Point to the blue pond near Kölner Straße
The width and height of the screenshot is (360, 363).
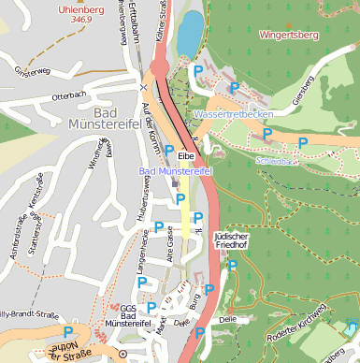[189, 34]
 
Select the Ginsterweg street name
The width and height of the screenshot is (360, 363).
[32, 71]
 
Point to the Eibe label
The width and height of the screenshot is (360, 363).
[185, 154]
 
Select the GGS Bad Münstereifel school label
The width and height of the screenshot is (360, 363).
[122, 316]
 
